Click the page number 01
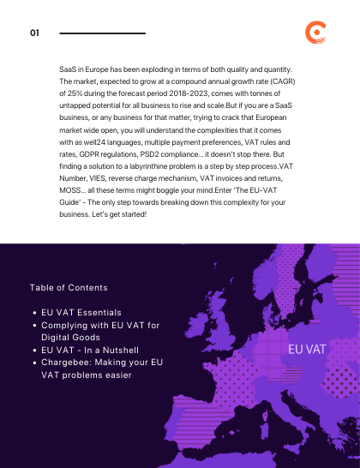point(35,33)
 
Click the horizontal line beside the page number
point(103,33)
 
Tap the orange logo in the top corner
point(315,33)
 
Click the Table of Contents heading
point(69,288)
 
